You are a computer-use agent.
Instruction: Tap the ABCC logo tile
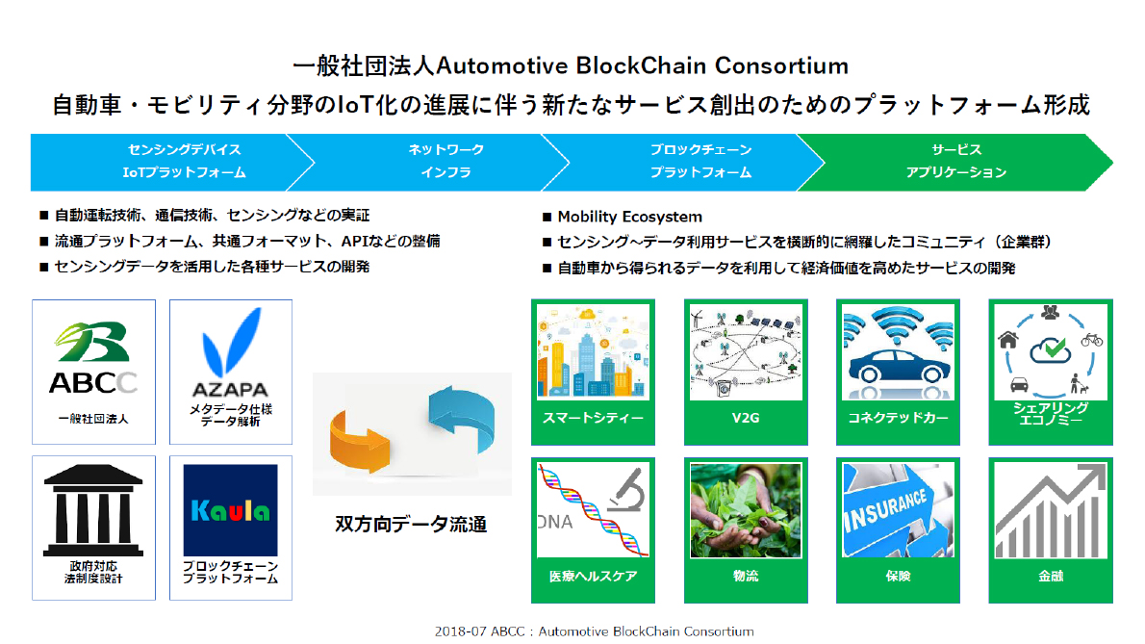pyautogui.click(x=93, y=372)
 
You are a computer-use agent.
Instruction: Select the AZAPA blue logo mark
pyautogui.click(x=232, y=342)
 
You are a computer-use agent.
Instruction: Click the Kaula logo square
pyautogui.click(x=231, y=509)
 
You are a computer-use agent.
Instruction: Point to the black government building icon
pyautogui.click(x=92, y=510)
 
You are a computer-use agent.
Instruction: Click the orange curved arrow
pyautogui.click(x=359, y=441)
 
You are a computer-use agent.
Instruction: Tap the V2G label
pyautogui.click(x=746, y=418)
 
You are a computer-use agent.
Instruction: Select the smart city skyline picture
pyautogui.click(x=593, y=352)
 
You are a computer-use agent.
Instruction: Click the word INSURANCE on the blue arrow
pyautogui.click(x=886, y=510)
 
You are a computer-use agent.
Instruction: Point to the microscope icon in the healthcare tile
pyautogui.click(x=627, y=489)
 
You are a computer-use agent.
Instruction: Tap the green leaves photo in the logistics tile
pyautogui.click(x=746, y=510)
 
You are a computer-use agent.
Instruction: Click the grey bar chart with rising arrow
pyautogui.click(x=1051, y=511)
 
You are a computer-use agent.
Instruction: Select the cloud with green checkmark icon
pyautogui.click(x=1050, y=350)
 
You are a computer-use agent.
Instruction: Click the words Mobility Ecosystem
pyautogui.click(x=629, y=217)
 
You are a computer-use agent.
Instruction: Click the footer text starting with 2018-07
pyautogui.click(x=595, y=631)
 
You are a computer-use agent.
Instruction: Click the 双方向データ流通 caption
pyautogui.click(x=411, y=525)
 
